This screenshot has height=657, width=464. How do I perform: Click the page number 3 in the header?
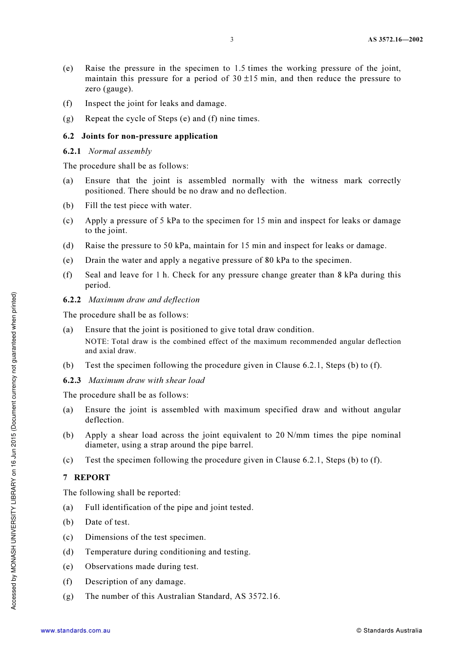click(x=232, y=40)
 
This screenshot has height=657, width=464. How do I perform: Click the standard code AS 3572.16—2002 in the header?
click(x=395, y=40)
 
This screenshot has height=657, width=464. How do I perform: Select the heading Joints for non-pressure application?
click(x=149, y=136)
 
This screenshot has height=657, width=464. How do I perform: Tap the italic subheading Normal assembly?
click(x=120, y=151)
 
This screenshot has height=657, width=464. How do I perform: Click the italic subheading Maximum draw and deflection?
click(x=144, y=300)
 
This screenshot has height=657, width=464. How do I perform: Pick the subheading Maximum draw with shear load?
click(x=147, y=381)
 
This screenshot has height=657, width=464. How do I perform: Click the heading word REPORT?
click(x=92, y=478)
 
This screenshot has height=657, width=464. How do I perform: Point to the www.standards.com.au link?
click(x=76, y=631)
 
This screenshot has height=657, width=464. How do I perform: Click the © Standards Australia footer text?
click(x=389, y=631)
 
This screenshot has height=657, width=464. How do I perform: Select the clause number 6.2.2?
click(x=72, y=300)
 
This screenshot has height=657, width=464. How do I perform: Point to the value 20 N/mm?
click(x=292, y=435)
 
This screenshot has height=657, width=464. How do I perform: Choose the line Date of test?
click(x=107, y=522)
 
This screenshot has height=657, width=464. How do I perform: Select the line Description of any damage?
click(x=135, y=582)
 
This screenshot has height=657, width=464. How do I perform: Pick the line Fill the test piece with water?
click(x=138, y=206)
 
